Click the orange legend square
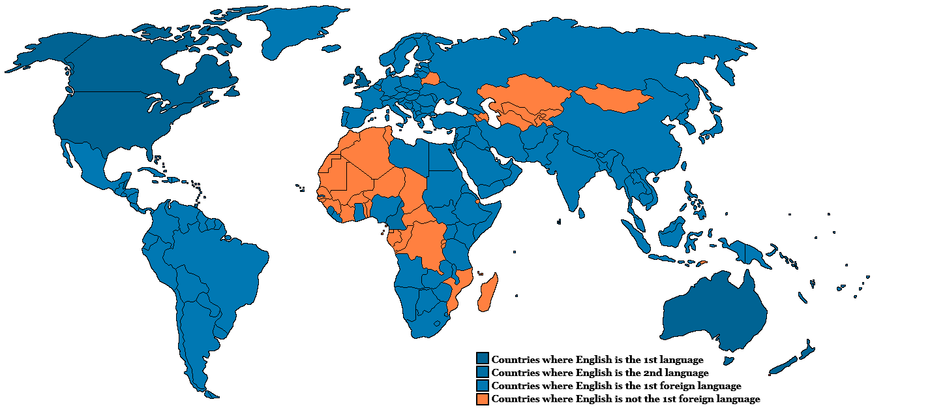point(482,398)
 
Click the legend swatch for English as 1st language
point(482,359)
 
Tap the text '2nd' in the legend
point(644,373)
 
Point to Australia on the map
point(714,313)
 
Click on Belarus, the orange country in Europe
point(430,79)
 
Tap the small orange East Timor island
point(702,263)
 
